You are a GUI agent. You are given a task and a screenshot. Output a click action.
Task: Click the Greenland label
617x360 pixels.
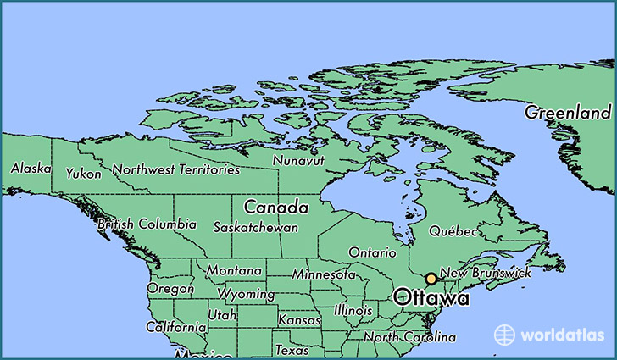(567, 113)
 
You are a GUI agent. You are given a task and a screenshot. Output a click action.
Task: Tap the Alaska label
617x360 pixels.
(31, 169)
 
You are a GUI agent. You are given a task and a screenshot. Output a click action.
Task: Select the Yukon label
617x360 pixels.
(84, 174)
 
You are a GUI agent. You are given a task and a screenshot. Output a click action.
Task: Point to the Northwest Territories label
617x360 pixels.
(176, 169)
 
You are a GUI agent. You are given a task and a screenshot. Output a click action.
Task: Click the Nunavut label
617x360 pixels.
(297, 160)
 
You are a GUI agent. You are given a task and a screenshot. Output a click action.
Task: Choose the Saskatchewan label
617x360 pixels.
(255, 228)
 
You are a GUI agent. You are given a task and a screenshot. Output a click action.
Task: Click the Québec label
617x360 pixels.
(453, 231)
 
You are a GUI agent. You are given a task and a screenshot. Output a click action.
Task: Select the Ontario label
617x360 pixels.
(372, 252)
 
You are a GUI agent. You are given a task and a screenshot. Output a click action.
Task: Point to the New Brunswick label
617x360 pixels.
(486, 273)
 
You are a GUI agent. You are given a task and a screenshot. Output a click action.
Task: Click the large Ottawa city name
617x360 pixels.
(431, 298)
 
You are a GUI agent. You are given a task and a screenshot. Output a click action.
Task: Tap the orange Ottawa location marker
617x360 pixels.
(431, 279)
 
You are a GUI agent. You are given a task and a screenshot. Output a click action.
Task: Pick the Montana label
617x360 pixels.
(234, 270)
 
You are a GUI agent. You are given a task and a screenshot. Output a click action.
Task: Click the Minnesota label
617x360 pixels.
(324, 274)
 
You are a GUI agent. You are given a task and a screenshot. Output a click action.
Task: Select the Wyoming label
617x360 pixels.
(246, 295)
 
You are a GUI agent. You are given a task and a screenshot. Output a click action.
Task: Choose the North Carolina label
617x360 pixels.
(405, 337)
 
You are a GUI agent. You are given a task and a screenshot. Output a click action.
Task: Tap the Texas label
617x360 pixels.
(292, 350)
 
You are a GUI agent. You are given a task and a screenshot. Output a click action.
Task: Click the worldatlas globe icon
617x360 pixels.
(504, 335)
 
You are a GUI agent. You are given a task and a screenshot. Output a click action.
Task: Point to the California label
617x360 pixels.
(175, 327)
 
